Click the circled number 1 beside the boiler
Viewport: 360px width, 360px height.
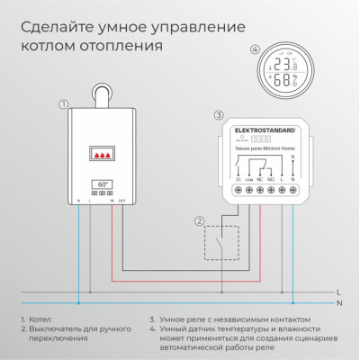(63, 104)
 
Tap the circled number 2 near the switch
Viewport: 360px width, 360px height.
(200, 220)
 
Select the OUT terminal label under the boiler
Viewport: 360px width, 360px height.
(122, 199)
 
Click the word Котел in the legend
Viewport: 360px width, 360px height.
(40, 319)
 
